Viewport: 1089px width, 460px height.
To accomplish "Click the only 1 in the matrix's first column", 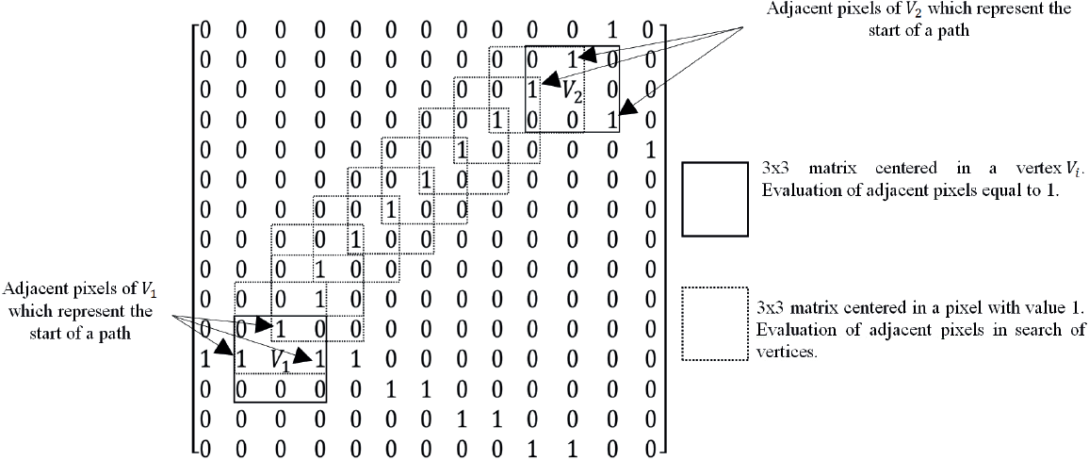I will click(x=205, y=358).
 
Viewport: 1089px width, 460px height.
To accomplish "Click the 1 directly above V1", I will click(x=278, y=329).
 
